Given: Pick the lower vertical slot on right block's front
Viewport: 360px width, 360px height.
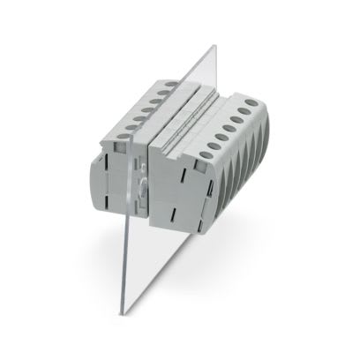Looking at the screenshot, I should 187,208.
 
